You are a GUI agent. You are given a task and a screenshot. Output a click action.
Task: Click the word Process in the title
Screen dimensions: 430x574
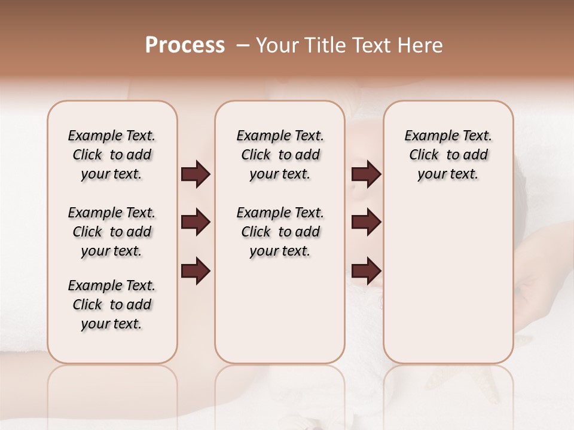coord(185,45)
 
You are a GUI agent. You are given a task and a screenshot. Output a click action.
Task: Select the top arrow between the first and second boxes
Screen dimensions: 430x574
coord(196,174)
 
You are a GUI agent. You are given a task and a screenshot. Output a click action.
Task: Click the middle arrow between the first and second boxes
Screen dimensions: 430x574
coord(196,222)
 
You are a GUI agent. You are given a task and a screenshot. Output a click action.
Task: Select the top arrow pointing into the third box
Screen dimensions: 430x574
coord(366,174)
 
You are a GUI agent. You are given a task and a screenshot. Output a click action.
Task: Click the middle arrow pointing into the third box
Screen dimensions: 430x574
coord(366,222)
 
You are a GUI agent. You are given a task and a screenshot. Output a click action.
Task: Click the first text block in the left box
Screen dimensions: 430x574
coord(112,155)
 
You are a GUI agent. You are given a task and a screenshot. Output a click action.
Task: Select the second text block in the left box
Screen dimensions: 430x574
coord(112,232)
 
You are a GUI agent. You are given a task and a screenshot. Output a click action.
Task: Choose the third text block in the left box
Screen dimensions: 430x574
coord(112,305)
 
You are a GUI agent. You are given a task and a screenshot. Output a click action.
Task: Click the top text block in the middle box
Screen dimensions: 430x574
coord(280,155)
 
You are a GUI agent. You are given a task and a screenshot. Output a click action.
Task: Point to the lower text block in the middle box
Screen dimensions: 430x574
coord(280,232)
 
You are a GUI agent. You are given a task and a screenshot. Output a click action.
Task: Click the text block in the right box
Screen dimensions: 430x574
coord(448,155)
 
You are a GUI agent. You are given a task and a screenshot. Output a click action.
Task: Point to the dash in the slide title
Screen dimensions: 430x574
coord(242,45)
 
